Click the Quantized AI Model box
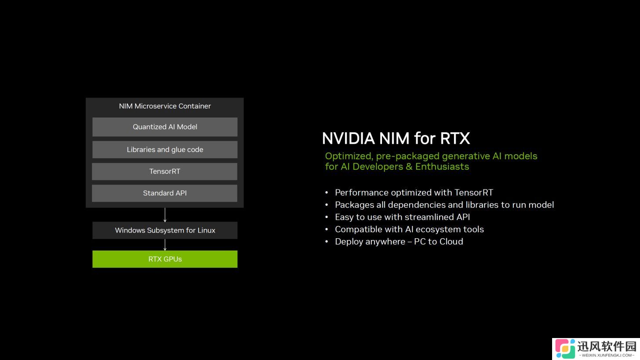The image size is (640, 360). tap(165, 127)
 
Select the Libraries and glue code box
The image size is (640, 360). tap(165, 149)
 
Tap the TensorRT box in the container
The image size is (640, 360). tap(164, 171)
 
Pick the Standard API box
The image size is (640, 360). tap(164, 193)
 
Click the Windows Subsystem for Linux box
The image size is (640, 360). tap(165, 230)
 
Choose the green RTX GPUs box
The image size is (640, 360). tap(165, 259)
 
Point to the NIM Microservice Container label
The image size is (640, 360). tap(165, 106)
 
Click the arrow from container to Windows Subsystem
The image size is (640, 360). tap(165, 215)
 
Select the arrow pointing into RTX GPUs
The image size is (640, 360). tap(165, 245)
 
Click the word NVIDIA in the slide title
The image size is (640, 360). tap(348, 138)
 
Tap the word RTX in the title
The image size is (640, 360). tap(455, 138)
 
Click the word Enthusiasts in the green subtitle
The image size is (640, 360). tap(442, 167)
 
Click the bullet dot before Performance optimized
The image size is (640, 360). tap(327, 193)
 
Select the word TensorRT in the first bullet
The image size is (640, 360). tap(474, 193)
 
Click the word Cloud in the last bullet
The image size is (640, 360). tap(451, 242)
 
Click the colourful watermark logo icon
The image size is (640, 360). tap(565, 349)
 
